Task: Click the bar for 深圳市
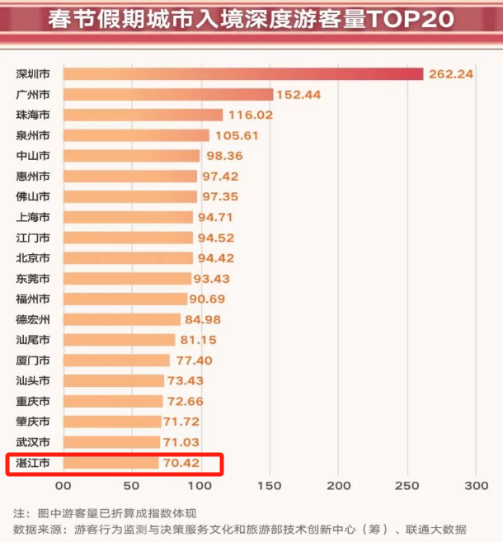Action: [242, 73]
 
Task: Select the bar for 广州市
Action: [167, 94]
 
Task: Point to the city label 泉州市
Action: [32, 135]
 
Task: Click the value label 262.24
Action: [450, 73]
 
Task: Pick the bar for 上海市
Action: [128, 217]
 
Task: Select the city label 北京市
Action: [32, 258]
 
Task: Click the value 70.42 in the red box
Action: [181, 463]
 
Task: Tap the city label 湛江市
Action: [32, 463]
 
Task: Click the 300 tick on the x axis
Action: [476, 486]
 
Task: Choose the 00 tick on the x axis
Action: [63, 486]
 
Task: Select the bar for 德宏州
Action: [121, 319]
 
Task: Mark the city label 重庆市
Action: [32, 401]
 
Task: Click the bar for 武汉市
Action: [111, 442]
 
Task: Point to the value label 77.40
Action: [196, 361]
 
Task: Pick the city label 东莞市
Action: [32, 279]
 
